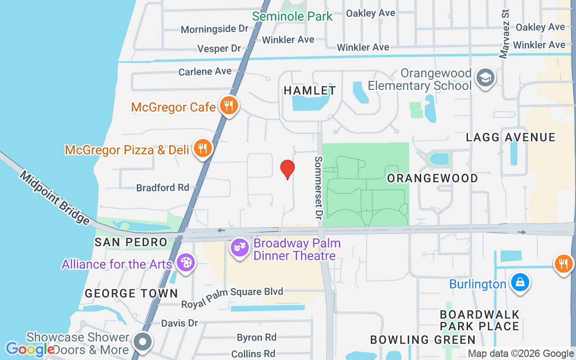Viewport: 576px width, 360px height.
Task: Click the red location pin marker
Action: tap(288, 169)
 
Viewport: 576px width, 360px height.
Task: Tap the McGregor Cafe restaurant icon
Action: tap(229, 106)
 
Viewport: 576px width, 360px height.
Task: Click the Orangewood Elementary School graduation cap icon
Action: tap(486, 78)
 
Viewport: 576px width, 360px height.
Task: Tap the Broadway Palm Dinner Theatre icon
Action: tap(240, 247)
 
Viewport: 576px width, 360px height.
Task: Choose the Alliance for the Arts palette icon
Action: tap(185, 262)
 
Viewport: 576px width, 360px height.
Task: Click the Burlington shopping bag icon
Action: tap(520, 283)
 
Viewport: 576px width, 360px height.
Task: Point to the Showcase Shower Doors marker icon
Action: tap(143, 342)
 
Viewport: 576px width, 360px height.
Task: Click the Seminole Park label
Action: tap(292, 17)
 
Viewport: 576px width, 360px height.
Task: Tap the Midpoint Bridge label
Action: tap(54, 198)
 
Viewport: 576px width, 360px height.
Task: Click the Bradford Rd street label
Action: tap(162, 187)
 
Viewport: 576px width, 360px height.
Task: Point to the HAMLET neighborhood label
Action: tap(310, 90)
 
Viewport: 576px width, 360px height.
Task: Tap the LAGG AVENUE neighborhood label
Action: tap(511, 137)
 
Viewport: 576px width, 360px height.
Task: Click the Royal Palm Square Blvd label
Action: tap(232, 297)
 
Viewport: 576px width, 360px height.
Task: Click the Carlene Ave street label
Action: tap(205, 72)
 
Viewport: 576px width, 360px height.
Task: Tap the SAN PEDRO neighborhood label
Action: tap(131, 242)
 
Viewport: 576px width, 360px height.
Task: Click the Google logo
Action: tap(30, 349)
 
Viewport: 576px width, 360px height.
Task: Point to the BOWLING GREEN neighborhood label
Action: tap(423, 340)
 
